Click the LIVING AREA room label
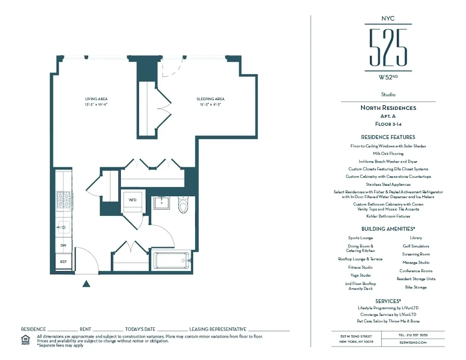click(x=96, y=99)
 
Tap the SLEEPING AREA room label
click(x=210, y=99)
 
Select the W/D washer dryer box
click(x=133, y=200)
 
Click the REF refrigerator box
click(x=63, y=262)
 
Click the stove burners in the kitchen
click(x=63, y=201)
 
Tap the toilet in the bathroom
click(x=183, y=205)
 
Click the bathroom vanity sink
click(x=163, y=204)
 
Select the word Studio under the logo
click(x=388, y=95)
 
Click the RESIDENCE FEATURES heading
click(x=388, y=137)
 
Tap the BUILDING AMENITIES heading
click(x=388, y=229)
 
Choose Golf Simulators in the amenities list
click(x=416, y=246)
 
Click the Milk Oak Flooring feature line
click(x=388, y=153)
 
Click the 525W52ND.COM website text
click(x=413, y=342)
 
